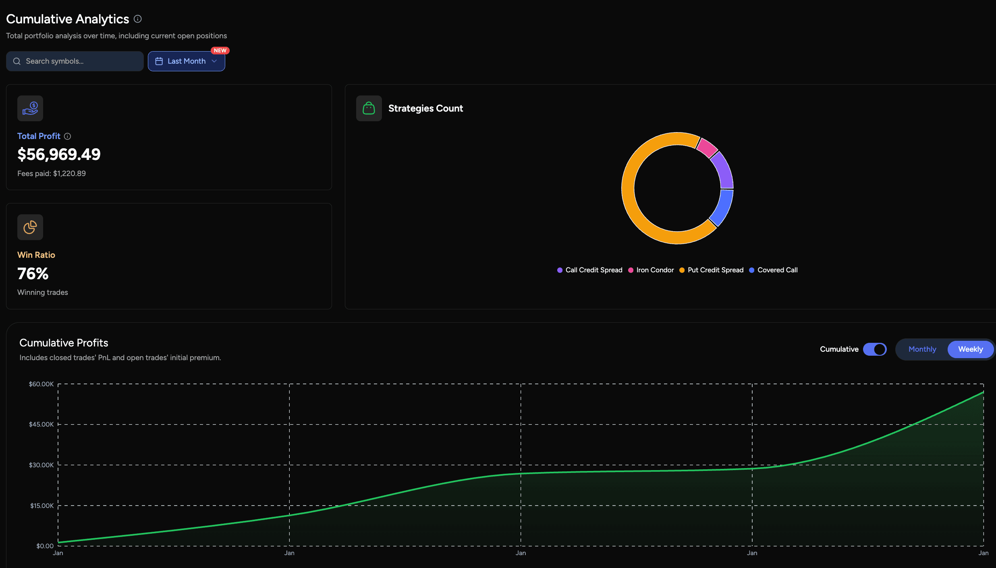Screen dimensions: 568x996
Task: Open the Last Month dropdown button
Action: [x=186, y=61]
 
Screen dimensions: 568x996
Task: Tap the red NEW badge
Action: [x=220, y=50]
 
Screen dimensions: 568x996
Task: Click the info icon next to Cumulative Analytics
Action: [x=138, y=19]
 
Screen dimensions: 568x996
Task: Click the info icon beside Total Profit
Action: [x=68, y=137]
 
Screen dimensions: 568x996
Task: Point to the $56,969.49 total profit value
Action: [x=59, y=155]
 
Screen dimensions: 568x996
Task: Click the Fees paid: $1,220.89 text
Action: [x=52, y=174]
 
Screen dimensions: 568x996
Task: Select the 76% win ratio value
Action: [x=33, y=274]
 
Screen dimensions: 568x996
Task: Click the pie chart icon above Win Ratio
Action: [x=30, y=227]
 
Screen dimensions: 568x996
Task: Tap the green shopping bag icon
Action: [x=369, y=108]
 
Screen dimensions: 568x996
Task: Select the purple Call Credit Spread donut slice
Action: [x=723, y=170]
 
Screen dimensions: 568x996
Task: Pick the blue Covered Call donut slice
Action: [x=722, y=207]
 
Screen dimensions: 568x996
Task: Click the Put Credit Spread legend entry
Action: [x=711, y=270]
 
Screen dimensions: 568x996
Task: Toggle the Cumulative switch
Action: [x=875, y=349]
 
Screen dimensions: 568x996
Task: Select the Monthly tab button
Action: [x=922, y=349]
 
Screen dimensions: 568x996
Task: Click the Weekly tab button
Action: [x=970, y=349]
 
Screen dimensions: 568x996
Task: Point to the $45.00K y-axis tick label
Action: [x=41, y=425]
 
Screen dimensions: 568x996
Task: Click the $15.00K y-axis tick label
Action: [x=41, y=506]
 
